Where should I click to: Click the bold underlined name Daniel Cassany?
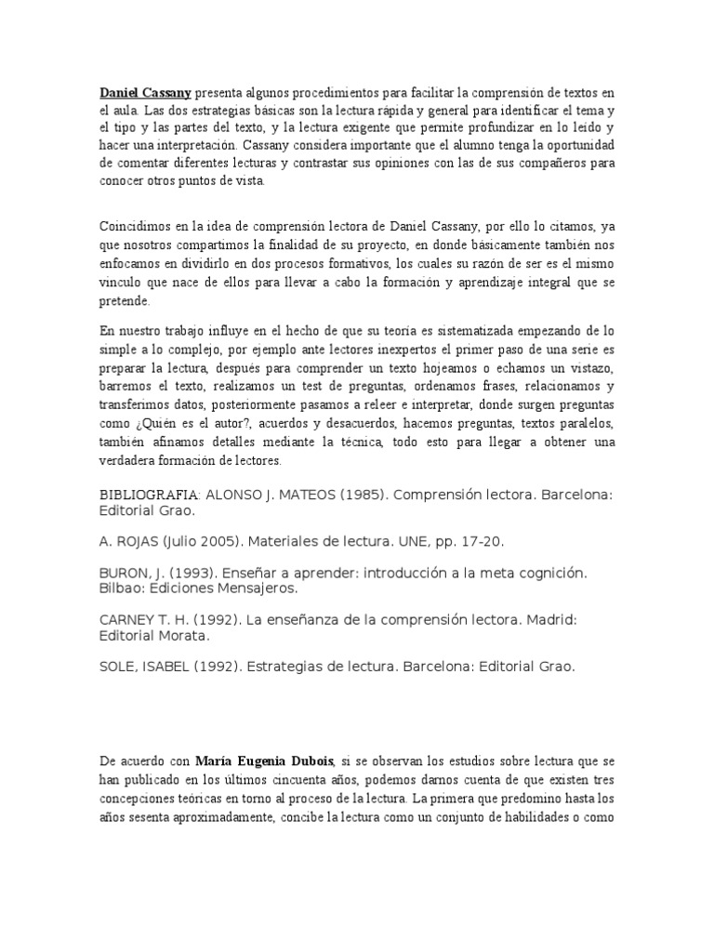pos(146,93)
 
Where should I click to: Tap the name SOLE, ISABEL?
pos(145,666)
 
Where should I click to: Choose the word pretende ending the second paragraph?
pos(124,302)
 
